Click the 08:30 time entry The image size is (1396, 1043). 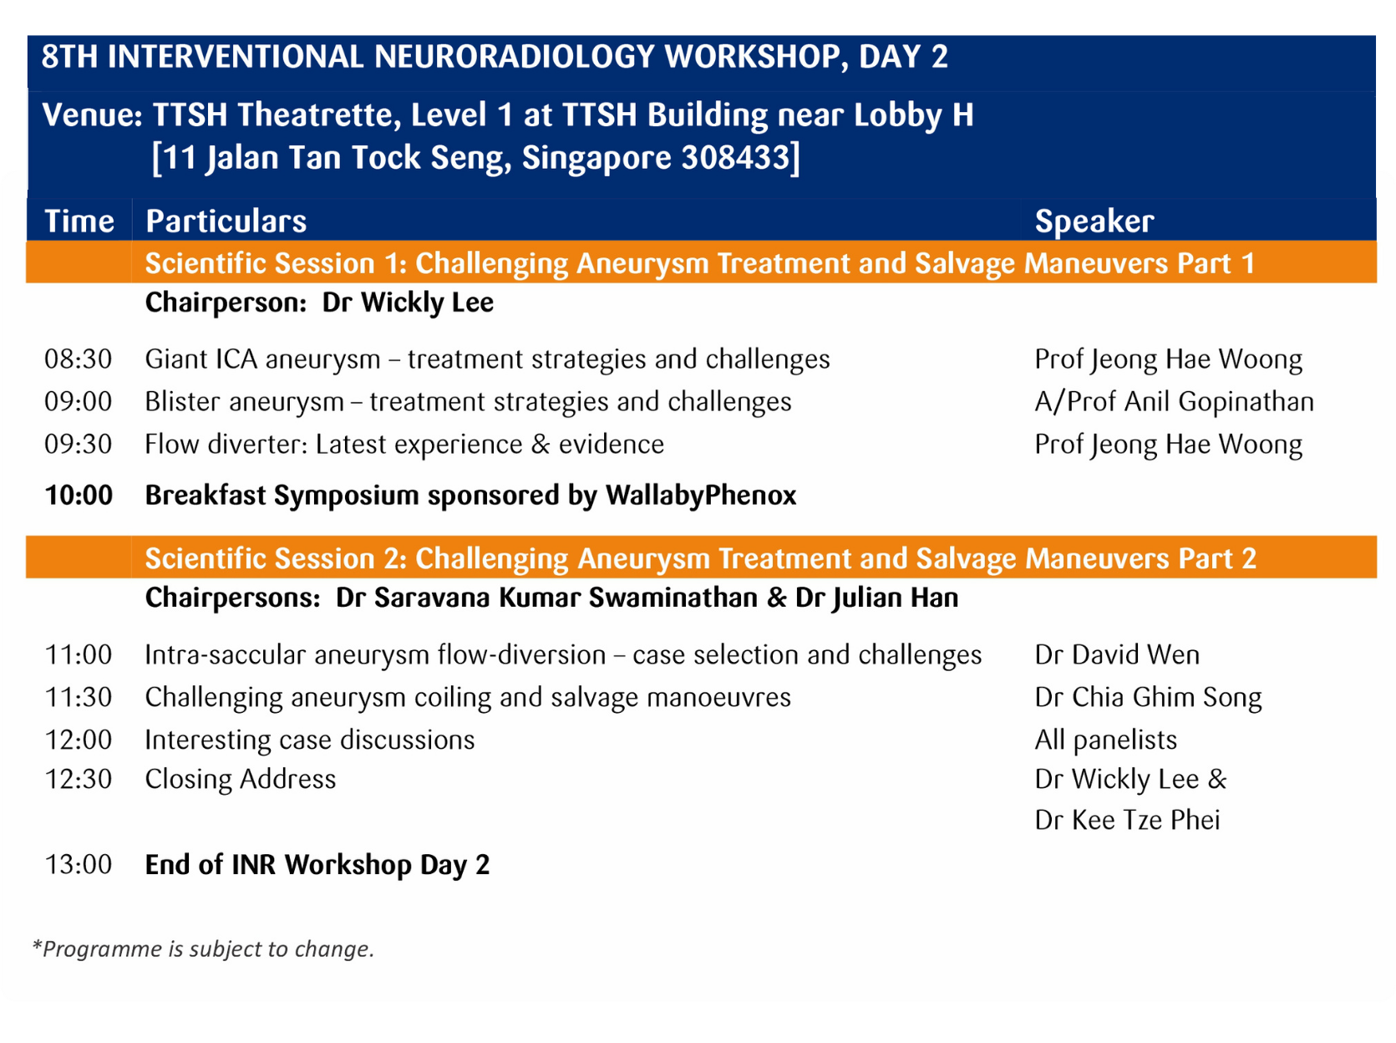[78, 359]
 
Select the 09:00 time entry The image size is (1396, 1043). [78, 402]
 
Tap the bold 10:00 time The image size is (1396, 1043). [79, 496]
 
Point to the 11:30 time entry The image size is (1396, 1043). [78, 698]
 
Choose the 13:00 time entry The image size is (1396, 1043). [78, 865]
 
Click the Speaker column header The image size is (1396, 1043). [1094, 221]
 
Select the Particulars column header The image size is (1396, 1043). [226, 221]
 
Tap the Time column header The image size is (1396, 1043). [79, 221]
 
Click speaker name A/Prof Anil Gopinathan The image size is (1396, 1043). [1174, 402]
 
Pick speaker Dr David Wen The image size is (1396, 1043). [1116, 655]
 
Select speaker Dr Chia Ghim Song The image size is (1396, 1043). [1148, 698]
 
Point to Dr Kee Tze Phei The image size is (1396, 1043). [1127, 821]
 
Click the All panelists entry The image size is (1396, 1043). [1105, 740]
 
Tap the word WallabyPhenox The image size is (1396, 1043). [700, 496]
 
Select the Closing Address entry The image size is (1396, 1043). [241, 780]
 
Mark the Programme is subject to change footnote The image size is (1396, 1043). [203, 949]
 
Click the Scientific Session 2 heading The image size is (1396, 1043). [700, 558]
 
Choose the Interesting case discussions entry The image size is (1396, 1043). [309, 740]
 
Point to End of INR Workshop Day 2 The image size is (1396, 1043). [317, 865]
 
